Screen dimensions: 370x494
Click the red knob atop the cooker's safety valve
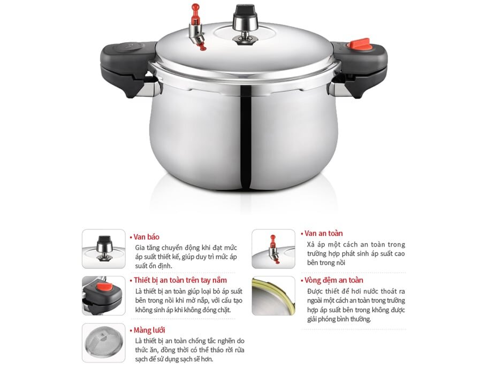click(x=196, y=9)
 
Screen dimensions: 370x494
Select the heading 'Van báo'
click(x=147, y=237)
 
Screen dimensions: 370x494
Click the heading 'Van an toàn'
click(x=323, y=233)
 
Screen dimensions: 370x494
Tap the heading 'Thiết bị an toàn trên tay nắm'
click(x=180, y=280)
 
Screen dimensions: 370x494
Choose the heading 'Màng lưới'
click(x=149, y=330)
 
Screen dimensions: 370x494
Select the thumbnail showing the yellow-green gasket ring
click(x=273, y=295)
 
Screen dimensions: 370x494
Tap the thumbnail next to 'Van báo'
click(x=103, y=249)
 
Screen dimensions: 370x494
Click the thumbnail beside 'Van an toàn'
click(x=273, y=249)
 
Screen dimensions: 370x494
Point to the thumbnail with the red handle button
click(x=103, y=295)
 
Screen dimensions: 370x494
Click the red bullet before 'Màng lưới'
click(x=131, y=330)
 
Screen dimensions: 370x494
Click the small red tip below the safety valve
click(x=202, y=48)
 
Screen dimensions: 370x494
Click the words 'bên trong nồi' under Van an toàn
click(x=326, y=263)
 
